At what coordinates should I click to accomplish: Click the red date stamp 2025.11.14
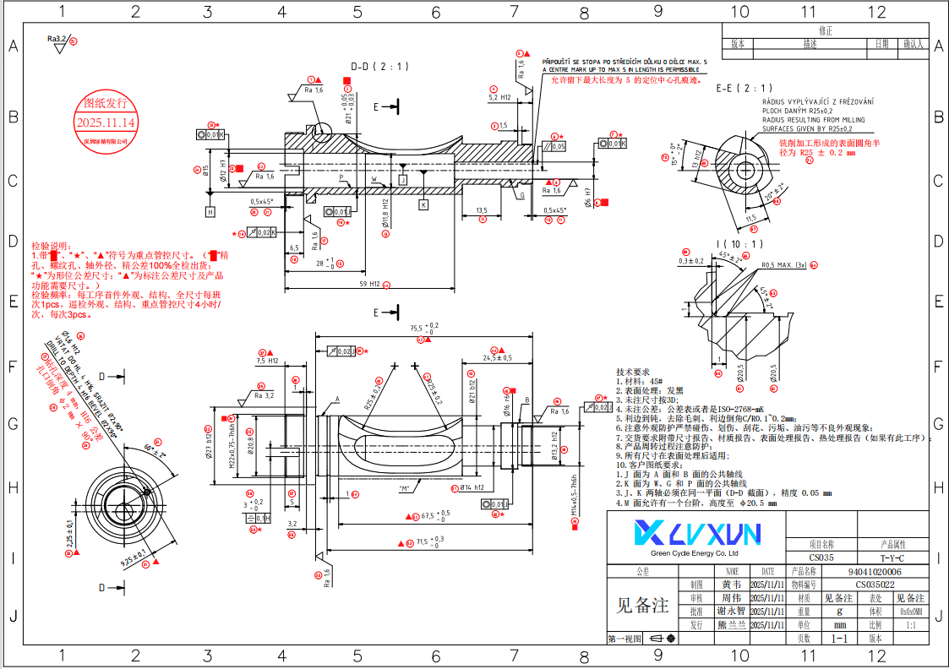pyautogui.click(x=106, y=122)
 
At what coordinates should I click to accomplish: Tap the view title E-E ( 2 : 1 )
pyautogui.click(x=744, y=88)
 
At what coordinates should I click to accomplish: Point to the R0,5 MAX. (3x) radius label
pyautogui.click(x=784, y=265)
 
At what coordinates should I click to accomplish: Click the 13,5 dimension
pyautogui.click(x=482, y=210)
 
